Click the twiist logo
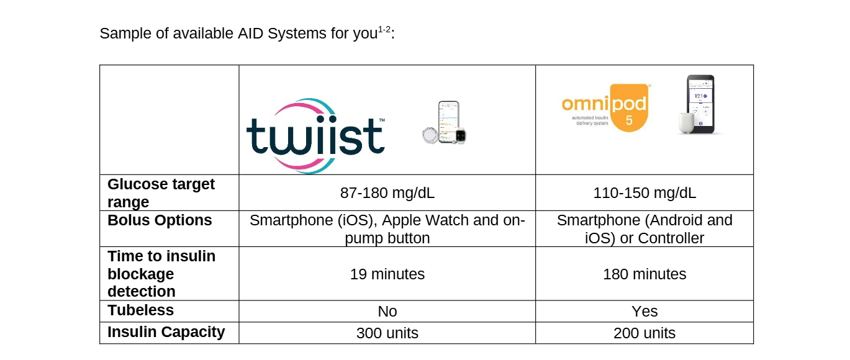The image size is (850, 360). pyautogui.click(x=315, y=136)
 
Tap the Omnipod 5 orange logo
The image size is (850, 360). pyautogui.click(x=606, y=108)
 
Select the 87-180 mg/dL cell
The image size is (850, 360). pyautogui.click(x=387, y=192)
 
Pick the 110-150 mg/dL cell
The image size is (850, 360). pyautogui.click(x=644, y=192)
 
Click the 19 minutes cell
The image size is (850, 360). pyautogui.click(x=387, y=274)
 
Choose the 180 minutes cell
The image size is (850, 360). pyautogui.click(x=644, y=274)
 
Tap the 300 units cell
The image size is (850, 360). pyautogui.click(x=387, y=333)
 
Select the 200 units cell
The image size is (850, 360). pyautogui.click(x=644, y=333)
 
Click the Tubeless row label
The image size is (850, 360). pyautogui.click(x=140, y=310)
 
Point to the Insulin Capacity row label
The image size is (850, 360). pyautogui.click(x=166, y=332)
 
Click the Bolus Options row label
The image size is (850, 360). pyautogui.click(x=160, y=220)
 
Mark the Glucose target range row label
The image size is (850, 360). pyautogui.click(x=161, y=192)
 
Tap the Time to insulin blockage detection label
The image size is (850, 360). pyautogui.click(x=161, y=274)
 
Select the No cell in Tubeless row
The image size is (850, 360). pyautogui.click(x=387, y=312)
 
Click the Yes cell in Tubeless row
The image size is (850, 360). pyautogui.click(x=644, y=312)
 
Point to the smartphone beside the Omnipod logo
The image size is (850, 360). pyautogui.click(x=700, y=104)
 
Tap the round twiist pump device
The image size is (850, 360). pyautogui.click(x=431, y=135)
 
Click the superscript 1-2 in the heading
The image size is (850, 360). pyautogui.click(x=384, y=30)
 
